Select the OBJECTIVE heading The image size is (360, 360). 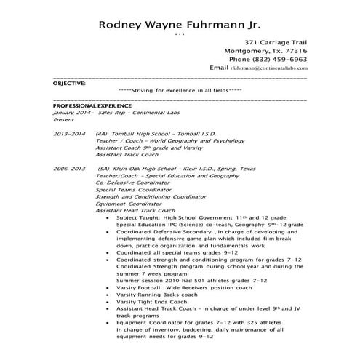[x=70, y=84]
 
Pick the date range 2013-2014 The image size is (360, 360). [x=70, y=135]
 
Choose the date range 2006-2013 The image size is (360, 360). [x=70, y=168]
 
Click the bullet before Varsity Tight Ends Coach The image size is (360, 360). [x=108, y=302]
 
